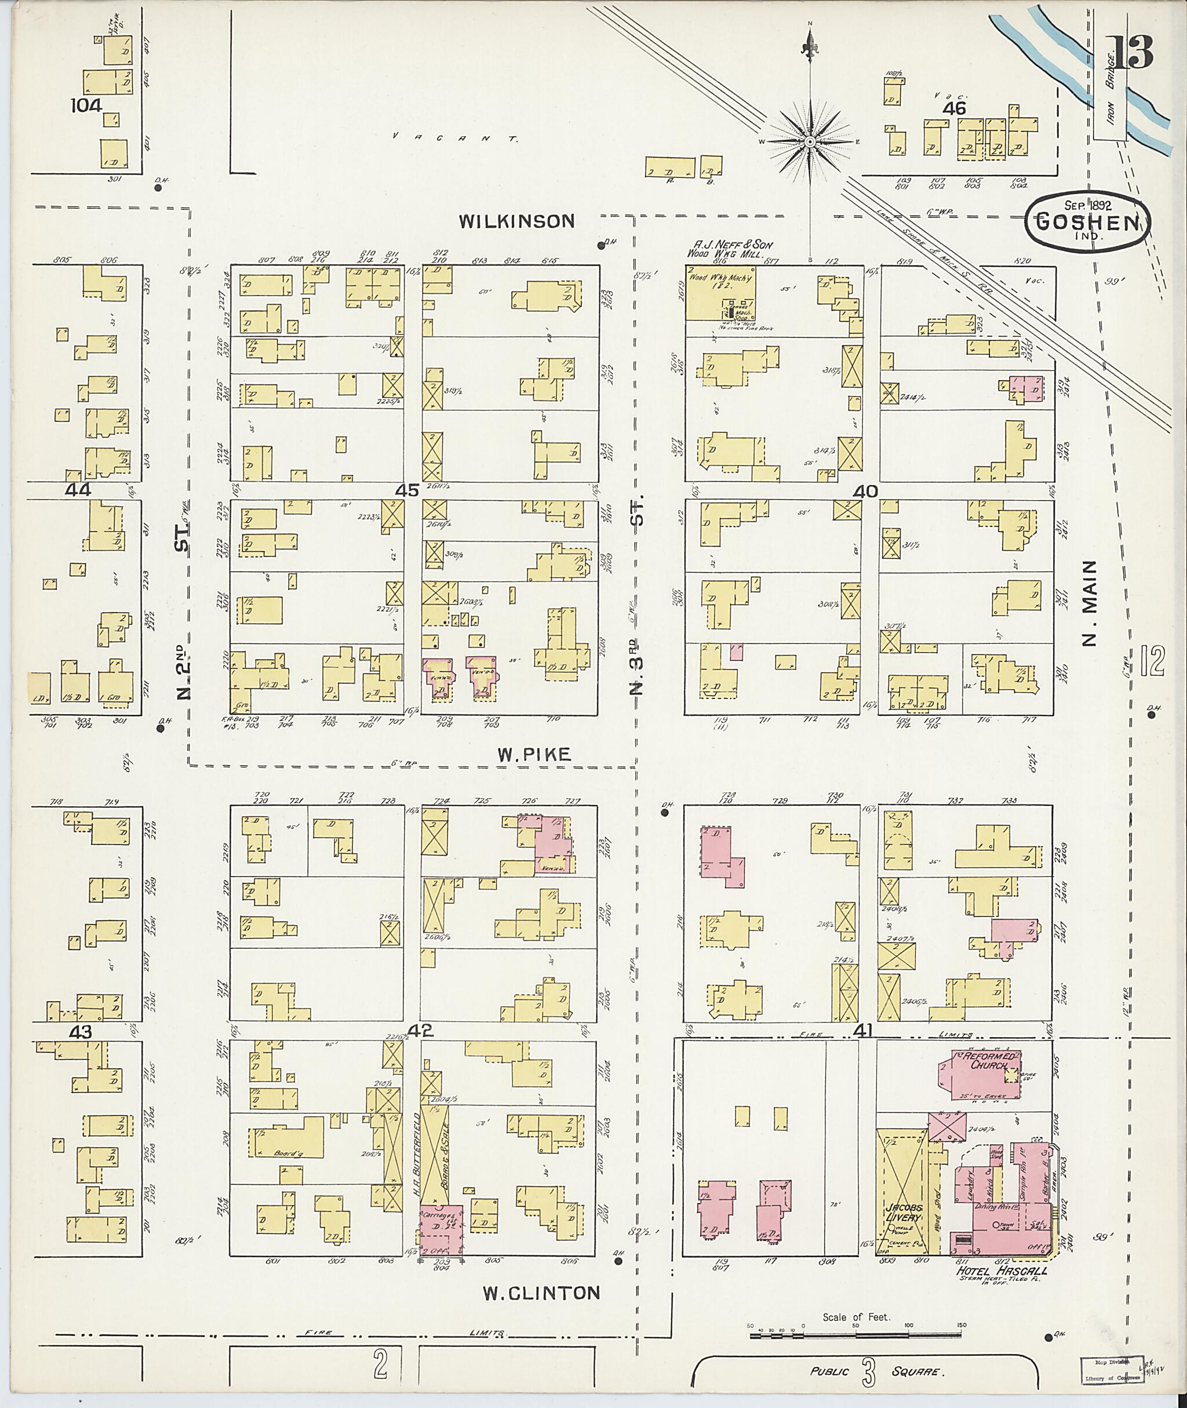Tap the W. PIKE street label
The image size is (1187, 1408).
point(534,755)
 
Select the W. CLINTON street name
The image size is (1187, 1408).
point(541,1292)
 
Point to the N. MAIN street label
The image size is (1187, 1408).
point(1090,603)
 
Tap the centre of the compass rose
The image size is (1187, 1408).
point(810,142)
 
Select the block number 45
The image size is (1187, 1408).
point(407,490)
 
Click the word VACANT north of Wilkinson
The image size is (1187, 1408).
point(456,139)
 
